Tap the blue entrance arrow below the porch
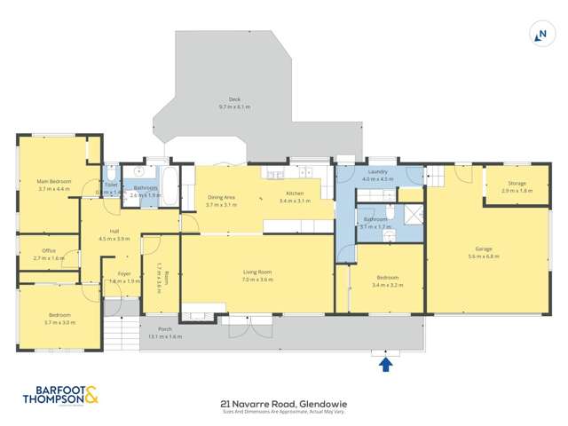[385, 363]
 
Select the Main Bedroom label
[53, 182]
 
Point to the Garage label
[484, 249]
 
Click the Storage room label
[517, 185]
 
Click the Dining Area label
[221, 197]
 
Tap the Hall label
[114, 232]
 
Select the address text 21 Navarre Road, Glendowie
[283, 402]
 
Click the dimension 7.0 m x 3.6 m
[257, 280]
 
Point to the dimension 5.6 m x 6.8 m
[484, 256]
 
